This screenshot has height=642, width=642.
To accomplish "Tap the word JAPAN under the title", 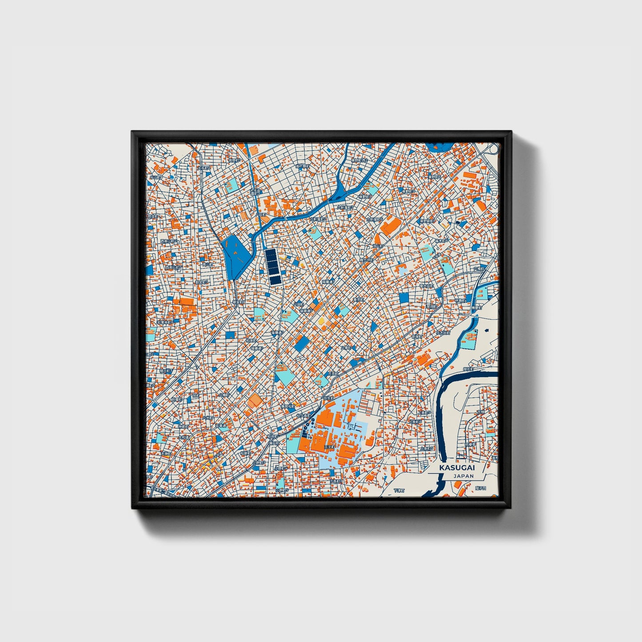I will tap(463, 476).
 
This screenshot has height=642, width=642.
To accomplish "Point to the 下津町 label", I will tap(399, 491).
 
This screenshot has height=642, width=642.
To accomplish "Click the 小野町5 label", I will tap(282, 490).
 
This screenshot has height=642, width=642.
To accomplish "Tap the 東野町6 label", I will tap(426, 221).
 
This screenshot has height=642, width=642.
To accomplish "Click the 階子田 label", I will tap(481, 488).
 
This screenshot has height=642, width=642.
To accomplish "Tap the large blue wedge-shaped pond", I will tap(234, 255).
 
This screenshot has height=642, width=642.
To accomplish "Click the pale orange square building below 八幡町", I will tap(255, 401).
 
